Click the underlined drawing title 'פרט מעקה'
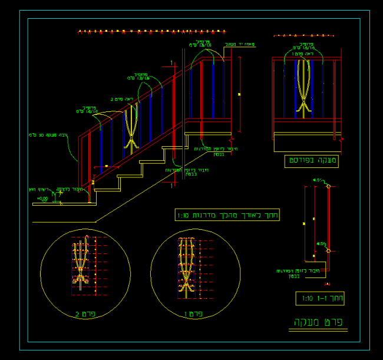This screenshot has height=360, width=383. coord(317,323)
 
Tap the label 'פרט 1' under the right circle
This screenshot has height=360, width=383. coord(194,314)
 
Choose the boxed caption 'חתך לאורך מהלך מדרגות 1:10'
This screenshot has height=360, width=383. coord(227,215)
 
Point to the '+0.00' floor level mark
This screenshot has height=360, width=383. coord(42,199)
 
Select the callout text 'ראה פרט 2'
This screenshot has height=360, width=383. coord(122,100)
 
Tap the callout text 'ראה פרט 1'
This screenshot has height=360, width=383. coord(307,54)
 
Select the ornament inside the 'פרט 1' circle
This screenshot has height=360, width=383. coord(186,265)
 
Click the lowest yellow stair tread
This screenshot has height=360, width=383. coord(107,189)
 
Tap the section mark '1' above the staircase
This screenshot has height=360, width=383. coord(171,62)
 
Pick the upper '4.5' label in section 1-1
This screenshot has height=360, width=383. coord(316,180)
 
